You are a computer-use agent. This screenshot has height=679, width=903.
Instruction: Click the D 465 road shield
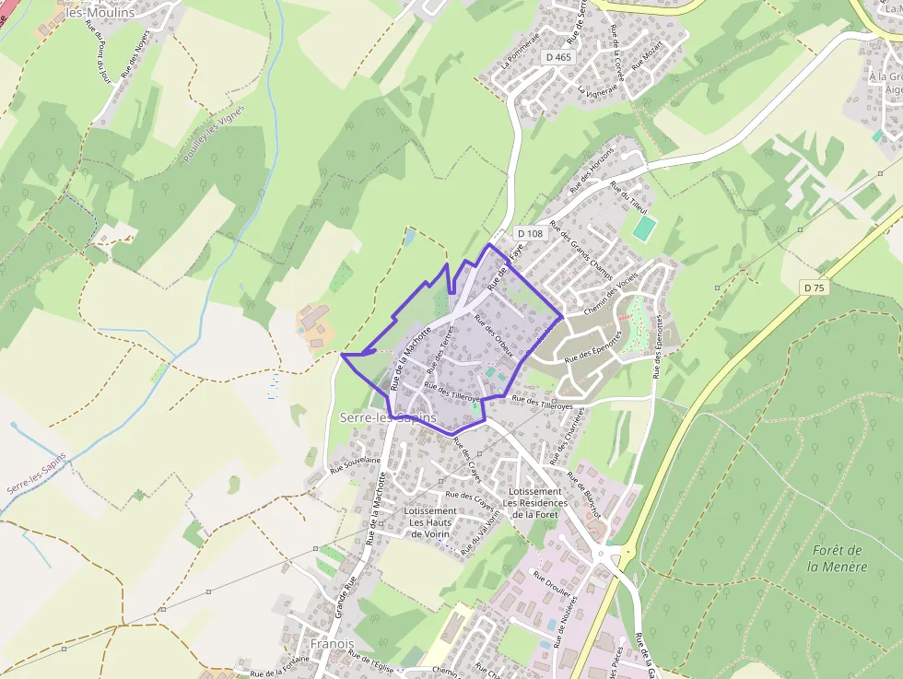click(558, 57)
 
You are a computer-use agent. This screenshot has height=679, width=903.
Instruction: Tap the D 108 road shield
click(530, 234)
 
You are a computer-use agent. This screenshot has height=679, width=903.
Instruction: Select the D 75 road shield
click(814, 288)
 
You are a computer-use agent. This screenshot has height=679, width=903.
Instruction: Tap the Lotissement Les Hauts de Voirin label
click(429, 522)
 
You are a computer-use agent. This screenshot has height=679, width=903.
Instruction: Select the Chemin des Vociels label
click(611, 298)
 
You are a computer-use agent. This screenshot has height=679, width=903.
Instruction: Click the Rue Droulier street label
click(551, 584)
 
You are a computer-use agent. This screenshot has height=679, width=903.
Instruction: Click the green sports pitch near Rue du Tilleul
click(644, 226)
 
